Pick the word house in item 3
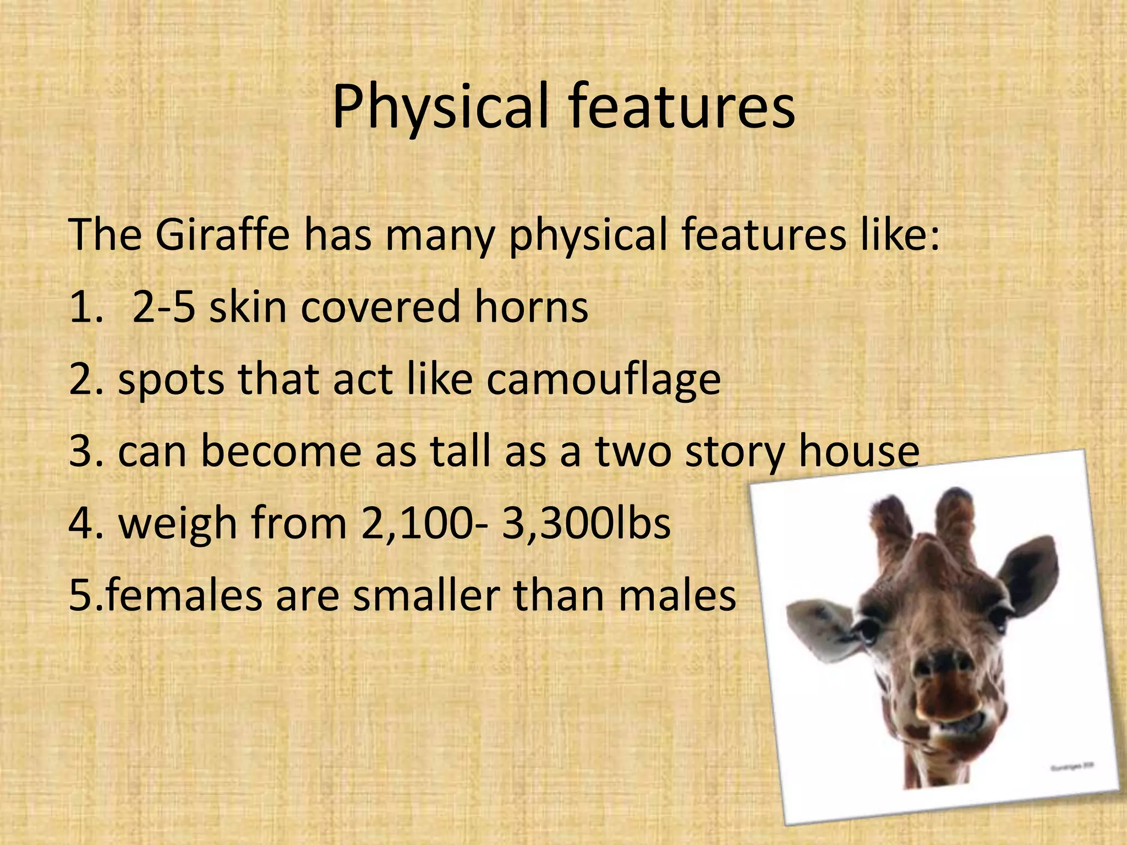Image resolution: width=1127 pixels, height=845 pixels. point(858,451)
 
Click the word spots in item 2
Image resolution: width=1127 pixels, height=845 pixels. point(171,380)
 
